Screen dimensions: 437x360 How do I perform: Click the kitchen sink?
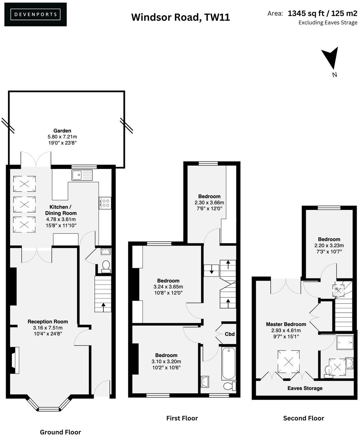(82, 174)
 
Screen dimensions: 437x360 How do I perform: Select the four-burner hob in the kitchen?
(105, 203)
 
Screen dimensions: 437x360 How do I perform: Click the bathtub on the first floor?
(228, 363)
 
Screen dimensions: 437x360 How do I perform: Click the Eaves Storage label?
(305, 388)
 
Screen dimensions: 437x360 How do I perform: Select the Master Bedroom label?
(286, 324)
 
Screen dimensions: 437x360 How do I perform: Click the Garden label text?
(62, 131)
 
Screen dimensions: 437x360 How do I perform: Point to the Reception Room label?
(48, 321)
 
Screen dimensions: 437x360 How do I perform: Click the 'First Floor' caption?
(182, 418)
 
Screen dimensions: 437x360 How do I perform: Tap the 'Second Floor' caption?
(303, 418)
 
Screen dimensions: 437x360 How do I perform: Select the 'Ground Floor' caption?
(60, 432)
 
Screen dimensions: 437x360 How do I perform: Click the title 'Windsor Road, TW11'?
(180, 17)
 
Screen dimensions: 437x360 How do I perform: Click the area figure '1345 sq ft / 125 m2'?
(322, 14)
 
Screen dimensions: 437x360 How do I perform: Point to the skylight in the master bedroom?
(289, 362)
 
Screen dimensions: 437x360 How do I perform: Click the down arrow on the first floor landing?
(211, 270)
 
